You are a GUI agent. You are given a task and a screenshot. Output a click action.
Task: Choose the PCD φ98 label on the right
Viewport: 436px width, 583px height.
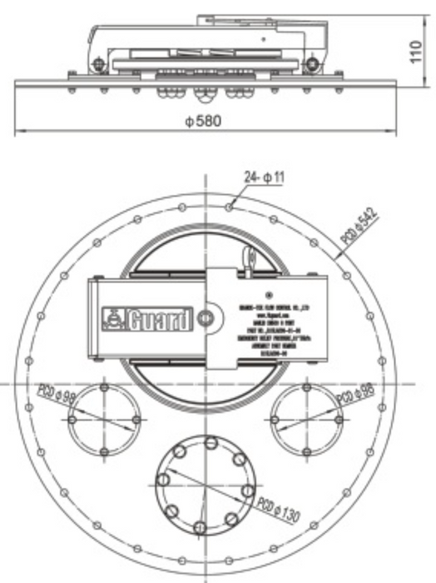coord(354,395)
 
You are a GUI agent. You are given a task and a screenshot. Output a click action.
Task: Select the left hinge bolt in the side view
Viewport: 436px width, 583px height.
coord(99,64)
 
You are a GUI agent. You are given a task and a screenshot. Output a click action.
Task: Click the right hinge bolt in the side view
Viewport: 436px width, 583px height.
coord(311,64)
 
